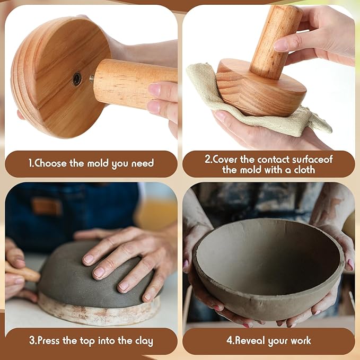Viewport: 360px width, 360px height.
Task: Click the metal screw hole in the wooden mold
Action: coord(77,79)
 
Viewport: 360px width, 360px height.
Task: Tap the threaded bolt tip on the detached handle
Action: coord(92,78)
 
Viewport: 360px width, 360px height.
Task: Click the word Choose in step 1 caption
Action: coord(50,163)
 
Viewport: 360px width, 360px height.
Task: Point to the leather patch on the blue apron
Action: coord(46,206)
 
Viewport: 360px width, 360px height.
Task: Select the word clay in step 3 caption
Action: coord(141,341)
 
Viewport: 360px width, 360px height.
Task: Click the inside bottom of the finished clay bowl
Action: coord(265,265)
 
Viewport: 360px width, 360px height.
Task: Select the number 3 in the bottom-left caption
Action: coord(31,341)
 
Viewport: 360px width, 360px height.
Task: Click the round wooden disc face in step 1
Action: coord(53,80)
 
